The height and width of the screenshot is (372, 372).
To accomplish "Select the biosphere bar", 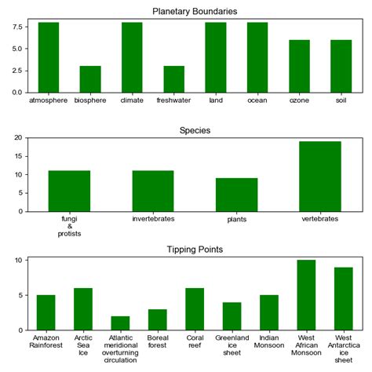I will tap(90, 79).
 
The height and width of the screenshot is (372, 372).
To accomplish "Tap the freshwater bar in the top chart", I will tap(173, 79).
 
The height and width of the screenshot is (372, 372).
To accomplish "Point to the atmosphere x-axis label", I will tap(48, 100).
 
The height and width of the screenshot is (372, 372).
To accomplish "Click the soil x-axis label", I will tap(341, 100).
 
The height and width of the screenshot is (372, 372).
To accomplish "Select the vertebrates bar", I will tap(320, 177).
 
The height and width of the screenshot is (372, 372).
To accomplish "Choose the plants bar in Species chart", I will tap(236, 195).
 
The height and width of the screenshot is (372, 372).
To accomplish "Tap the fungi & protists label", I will tap(69, 226).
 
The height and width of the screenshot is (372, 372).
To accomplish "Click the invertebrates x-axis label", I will tap(153, 218).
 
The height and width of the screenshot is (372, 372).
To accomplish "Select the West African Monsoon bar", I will tap(306, 295).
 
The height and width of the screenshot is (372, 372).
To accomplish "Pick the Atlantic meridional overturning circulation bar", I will tap(121, 323).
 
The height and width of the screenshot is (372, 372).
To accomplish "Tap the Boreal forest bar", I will tap(158, 319).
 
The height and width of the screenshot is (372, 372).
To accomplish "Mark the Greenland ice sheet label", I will tap(232, 346).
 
